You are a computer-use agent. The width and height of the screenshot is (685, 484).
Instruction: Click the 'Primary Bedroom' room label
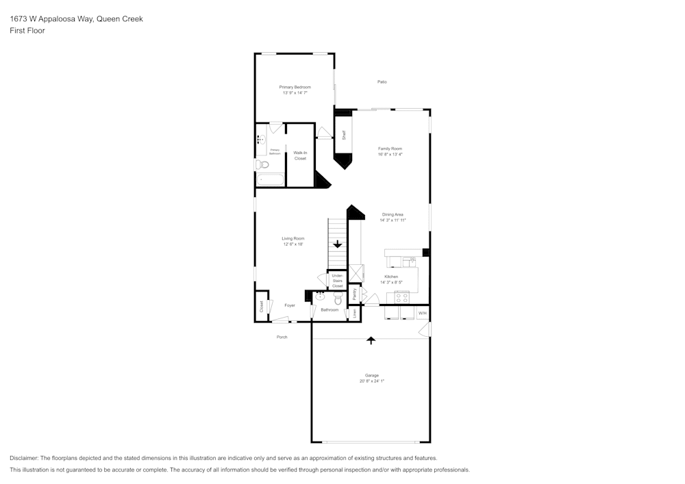(x=295, y=87)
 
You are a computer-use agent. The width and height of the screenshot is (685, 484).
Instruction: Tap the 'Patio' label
(x=382, y=82)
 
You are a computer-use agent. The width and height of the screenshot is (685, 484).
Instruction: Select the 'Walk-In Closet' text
(x=300, y=155)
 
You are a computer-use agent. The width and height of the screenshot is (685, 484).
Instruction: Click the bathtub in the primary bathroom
(x=270, y=180)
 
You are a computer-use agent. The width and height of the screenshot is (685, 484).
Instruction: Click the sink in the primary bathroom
(x=262, y=140)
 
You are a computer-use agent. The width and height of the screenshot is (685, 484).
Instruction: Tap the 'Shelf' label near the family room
(x=344, y=135)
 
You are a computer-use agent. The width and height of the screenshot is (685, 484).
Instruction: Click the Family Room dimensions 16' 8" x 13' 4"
(x=390, y=154)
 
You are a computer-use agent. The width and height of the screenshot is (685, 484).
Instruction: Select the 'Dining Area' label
(x=393, y=214)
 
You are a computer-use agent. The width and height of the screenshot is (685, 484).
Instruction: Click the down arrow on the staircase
(x=337, y=244)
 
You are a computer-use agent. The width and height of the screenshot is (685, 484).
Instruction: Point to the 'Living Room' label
(x=292, y=238)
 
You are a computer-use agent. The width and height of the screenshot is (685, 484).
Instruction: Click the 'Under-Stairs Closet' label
(x=337, y=280)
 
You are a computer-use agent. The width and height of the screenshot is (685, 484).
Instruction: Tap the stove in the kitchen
(x=402, y=298)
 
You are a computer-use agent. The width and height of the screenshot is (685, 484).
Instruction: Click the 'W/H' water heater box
(x=422, y=313)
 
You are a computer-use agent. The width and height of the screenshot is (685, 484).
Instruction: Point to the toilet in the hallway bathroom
(x=338, y=299)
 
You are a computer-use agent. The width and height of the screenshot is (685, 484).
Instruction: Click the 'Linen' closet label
(x=354, y=313)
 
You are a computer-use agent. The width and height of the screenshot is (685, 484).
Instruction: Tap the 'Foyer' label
(x=290, y=305)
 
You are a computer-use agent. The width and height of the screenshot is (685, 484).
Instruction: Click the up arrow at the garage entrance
(x=371, y=339)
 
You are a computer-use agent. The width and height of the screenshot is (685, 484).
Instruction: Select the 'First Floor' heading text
(x=27, y=31)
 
